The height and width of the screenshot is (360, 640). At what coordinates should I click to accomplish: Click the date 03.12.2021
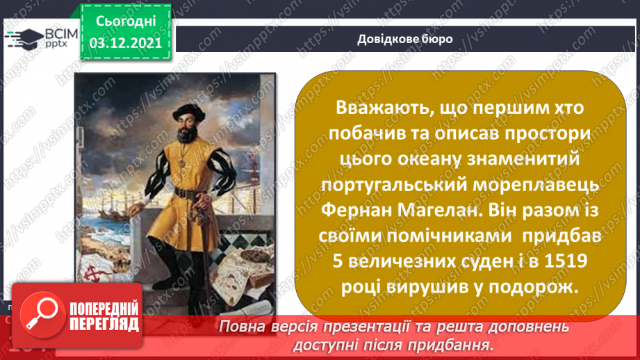pos(126,42)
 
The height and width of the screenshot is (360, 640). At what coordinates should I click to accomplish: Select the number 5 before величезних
pos(332,261)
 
